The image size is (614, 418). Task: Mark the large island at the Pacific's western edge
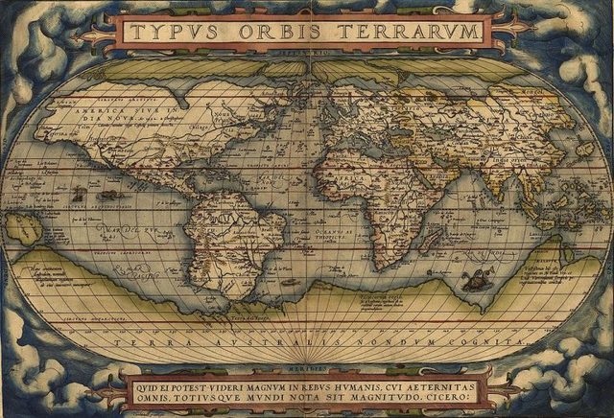pyautogui.click(x=23, y=228)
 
